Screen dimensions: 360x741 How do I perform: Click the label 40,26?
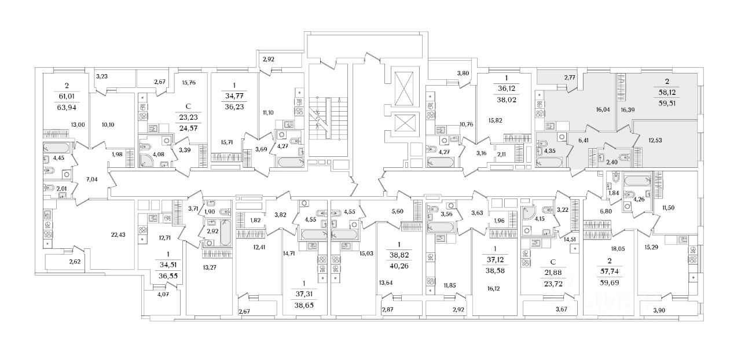399,267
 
